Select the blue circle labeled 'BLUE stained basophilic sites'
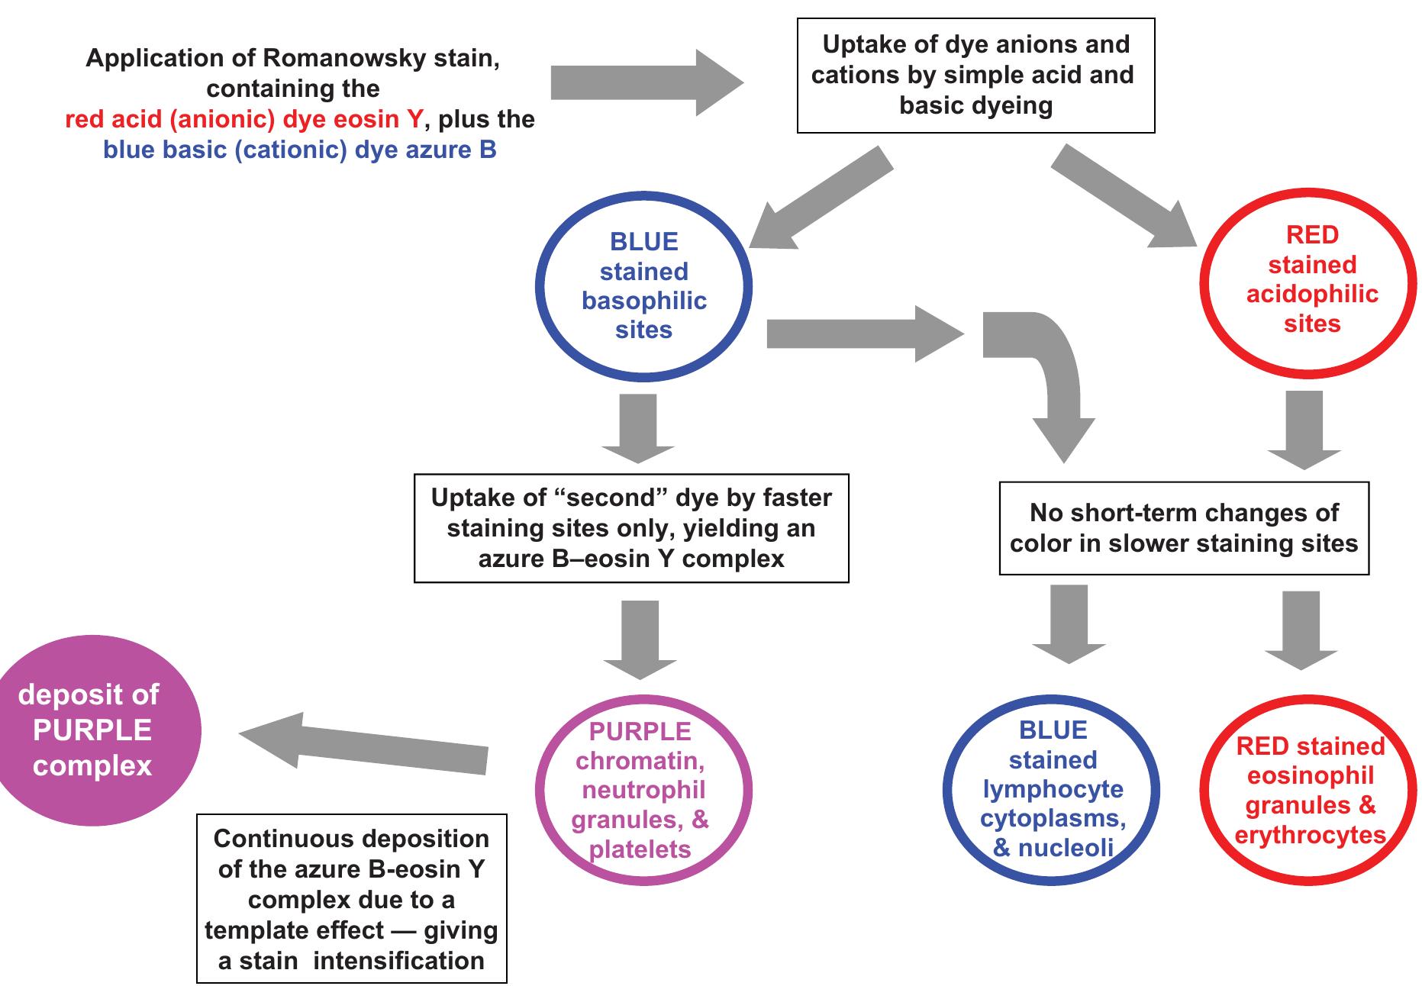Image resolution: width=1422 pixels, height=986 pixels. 643,286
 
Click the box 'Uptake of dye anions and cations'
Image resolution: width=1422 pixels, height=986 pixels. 975,76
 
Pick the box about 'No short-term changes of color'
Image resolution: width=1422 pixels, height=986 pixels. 1183,528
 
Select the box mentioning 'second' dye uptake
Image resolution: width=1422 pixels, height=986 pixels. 631,529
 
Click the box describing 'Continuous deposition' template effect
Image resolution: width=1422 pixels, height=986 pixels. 352,899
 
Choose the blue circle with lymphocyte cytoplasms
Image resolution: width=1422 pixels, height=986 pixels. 1052,790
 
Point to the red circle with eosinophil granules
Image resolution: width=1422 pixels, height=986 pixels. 1310,790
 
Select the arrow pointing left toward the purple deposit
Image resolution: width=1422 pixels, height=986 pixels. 366,744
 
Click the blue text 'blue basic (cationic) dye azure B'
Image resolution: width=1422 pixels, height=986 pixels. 300,150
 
